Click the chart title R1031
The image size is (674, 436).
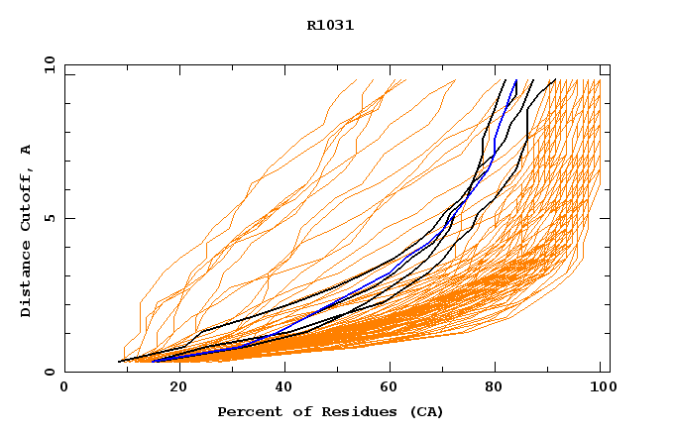pyautogui.click(x=330, y=26)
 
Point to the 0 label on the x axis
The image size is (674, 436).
pyautogui.click(x=64, y=388)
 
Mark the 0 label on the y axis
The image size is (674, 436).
pyautogui.click(x=50, y=373)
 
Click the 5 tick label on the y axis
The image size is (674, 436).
pyautogui.click(x=50, y=218)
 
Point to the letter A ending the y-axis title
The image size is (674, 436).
pyautogui.click(x=27, y=150)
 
